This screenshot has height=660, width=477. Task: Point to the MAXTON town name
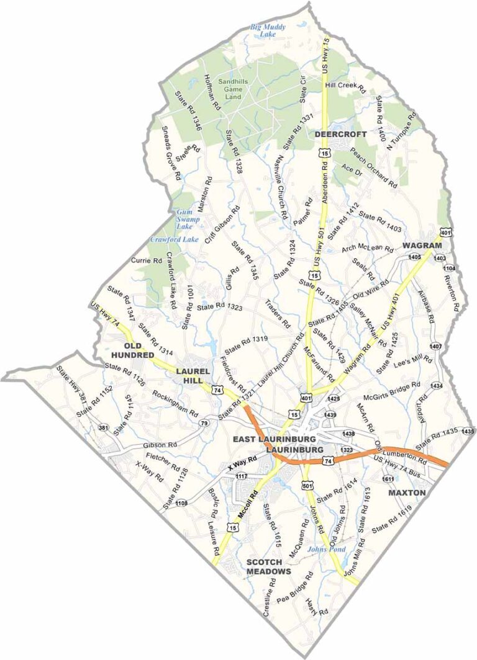[x=407, y=493]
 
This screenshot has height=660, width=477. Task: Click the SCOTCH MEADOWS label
[x=269, y=566]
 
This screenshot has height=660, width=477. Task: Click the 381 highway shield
[x=103, y=427]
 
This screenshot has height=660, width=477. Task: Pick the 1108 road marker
[x=181, y=503]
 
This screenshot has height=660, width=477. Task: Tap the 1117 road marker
[x=242, y=476]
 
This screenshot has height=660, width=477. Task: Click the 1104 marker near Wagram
[x=450, y=268]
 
